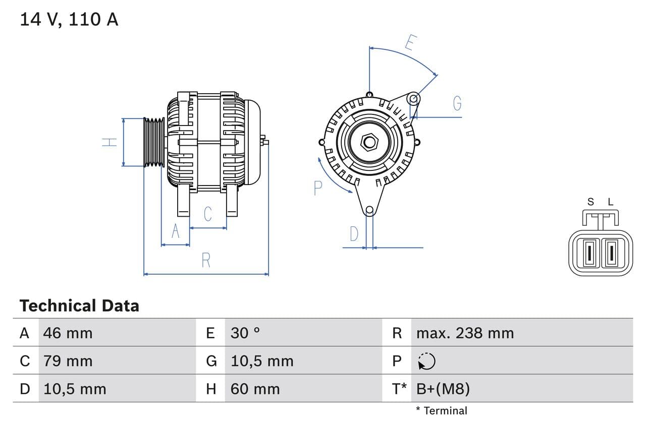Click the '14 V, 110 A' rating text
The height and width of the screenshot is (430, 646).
(x=69, y=20)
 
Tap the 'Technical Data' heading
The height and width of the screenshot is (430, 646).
(x=79, y=305)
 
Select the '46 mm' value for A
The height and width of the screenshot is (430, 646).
(x=68, y=333)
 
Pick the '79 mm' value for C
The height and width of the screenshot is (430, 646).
(x=68, y=361)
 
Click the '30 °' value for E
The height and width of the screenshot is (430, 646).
(x=245, y=333)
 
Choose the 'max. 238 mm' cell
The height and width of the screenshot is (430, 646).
(x=465, y=333)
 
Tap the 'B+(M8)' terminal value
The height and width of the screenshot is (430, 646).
(x=443, y=389)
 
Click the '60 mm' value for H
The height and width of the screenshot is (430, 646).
(x=255, y=389)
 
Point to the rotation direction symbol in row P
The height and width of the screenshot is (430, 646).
(x=426, y=361)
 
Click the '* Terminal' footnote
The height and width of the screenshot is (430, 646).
(x=442, y=410)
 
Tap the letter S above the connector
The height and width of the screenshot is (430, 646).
(x=590, y=202)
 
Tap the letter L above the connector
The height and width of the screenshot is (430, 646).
(x=610, y=202)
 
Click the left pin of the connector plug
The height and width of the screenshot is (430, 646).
(x=588, y=253)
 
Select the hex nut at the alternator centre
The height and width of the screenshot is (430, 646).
(x=369, y=142)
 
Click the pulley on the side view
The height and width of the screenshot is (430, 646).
(x=154, y=142)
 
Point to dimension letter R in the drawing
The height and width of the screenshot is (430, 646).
(x=206, y=261)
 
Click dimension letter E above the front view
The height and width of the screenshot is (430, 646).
(x=410, y=43)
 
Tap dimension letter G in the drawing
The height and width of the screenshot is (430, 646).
(x=457, y=103)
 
